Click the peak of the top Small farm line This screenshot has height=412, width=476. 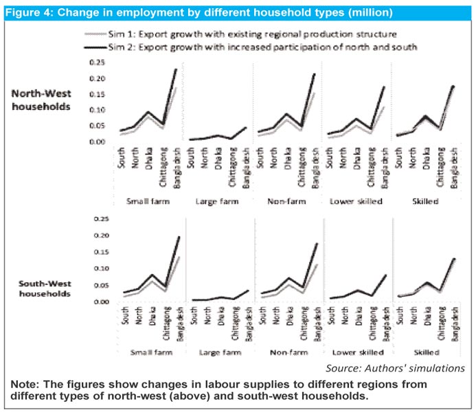176,69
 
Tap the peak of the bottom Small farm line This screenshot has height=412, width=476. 179,237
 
